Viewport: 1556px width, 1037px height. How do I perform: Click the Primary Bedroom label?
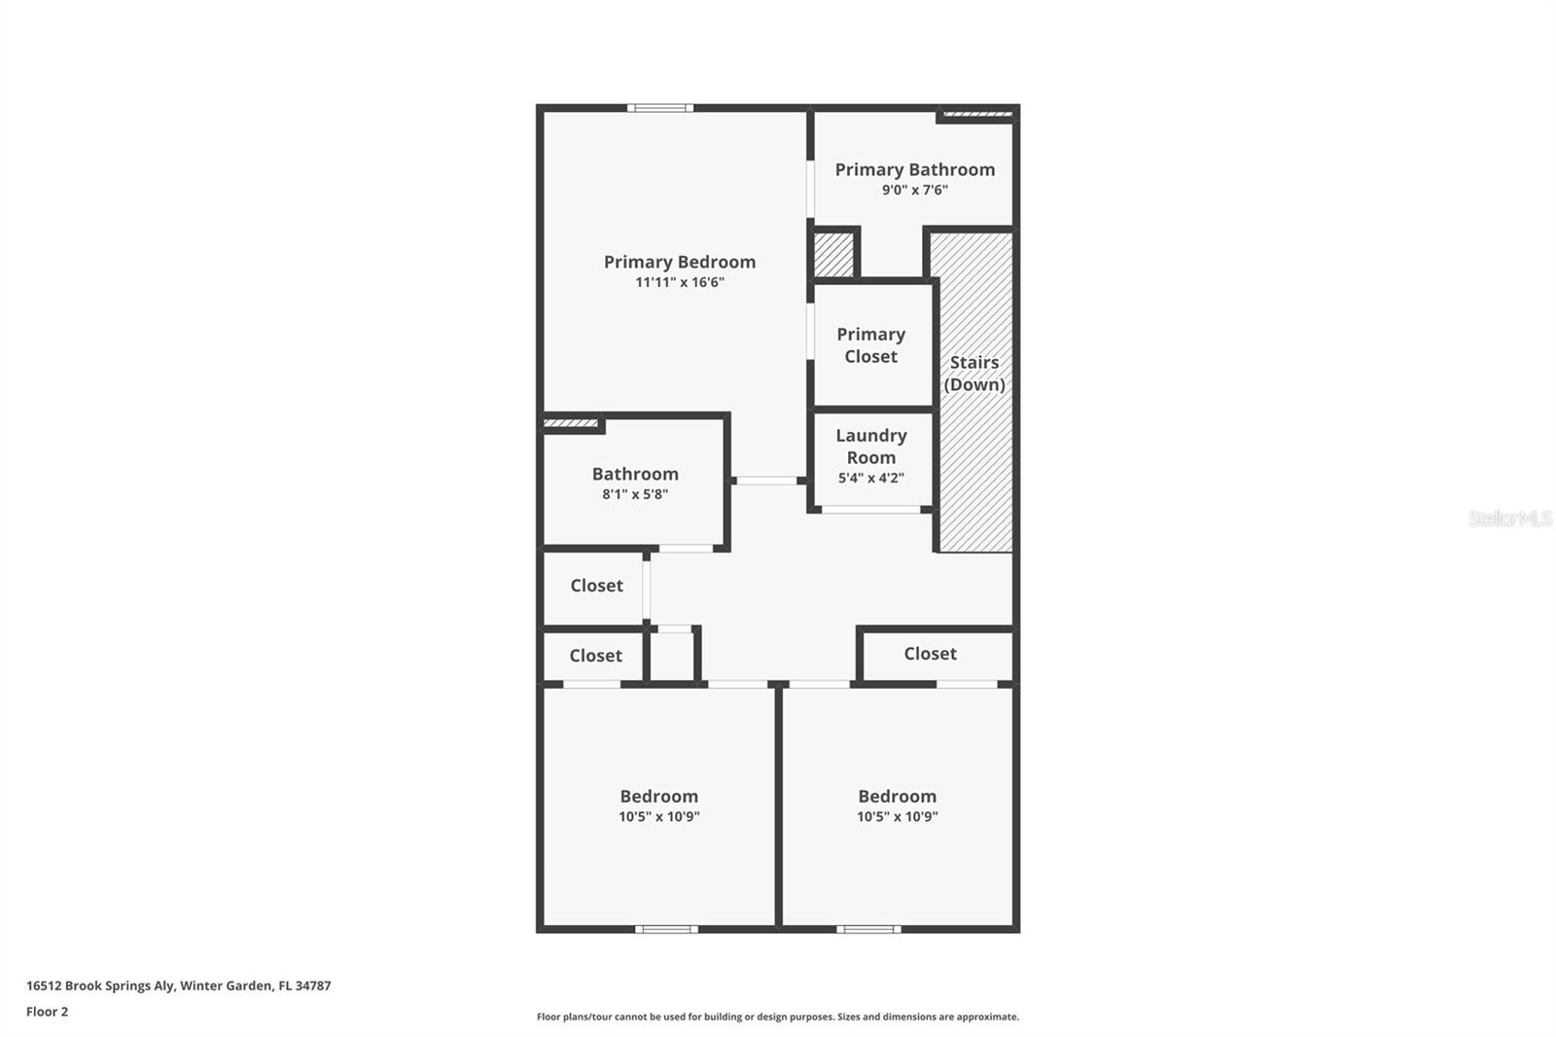(679, 262)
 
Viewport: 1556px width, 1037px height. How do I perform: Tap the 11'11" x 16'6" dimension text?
(679, 283)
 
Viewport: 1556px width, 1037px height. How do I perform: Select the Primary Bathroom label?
(914, 169)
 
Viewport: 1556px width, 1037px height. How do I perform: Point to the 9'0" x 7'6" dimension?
(914, 191)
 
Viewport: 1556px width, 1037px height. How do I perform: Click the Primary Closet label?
(870, 345)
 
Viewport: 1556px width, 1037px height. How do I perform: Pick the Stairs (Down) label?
(973, 374)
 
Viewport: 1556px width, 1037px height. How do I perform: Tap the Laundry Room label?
(870, 447)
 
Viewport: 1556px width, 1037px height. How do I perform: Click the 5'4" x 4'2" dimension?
(870, 479)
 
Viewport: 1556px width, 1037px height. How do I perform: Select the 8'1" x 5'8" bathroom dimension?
(634, 495)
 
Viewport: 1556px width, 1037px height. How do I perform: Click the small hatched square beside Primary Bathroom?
(832, 254)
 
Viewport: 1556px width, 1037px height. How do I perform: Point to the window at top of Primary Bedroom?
(659, 108)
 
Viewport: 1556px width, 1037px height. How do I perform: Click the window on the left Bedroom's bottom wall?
(666, 929)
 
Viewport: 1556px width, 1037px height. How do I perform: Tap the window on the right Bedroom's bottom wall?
(867, 929)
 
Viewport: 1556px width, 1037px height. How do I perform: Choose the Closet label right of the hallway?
(930, 654)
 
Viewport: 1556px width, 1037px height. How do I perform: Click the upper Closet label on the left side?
(596, 586)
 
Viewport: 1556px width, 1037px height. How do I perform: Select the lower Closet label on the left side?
(595, 656)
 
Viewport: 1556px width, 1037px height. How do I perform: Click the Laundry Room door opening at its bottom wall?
(870, 510)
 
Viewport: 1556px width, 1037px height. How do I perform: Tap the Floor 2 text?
(47, 1012)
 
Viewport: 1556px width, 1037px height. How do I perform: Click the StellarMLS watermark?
(1509, 518)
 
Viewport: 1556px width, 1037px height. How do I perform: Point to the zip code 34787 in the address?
(313, 985)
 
